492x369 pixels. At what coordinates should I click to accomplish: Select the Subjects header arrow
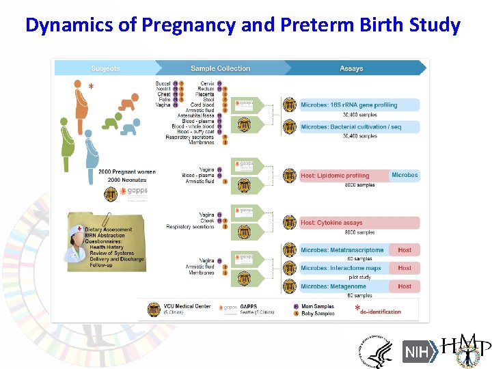pos(105,68)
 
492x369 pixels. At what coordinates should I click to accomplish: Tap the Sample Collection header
pos(220,68)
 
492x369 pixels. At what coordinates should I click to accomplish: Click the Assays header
pos(351,68)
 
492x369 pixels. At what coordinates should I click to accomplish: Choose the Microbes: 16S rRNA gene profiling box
pos(348,105)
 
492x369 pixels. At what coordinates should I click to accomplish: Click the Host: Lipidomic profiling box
pos(335,176)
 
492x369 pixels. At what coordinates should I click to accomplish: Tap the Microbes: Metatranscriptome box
pos(342,250)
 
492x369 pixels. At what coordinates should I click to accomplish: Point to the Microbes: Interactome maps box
pos(341,268)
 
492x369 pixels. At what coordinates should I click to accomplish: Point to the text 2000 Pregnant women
pos(126,172)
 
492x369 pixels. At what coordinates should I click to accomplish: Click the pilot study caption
pos(359,277)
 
